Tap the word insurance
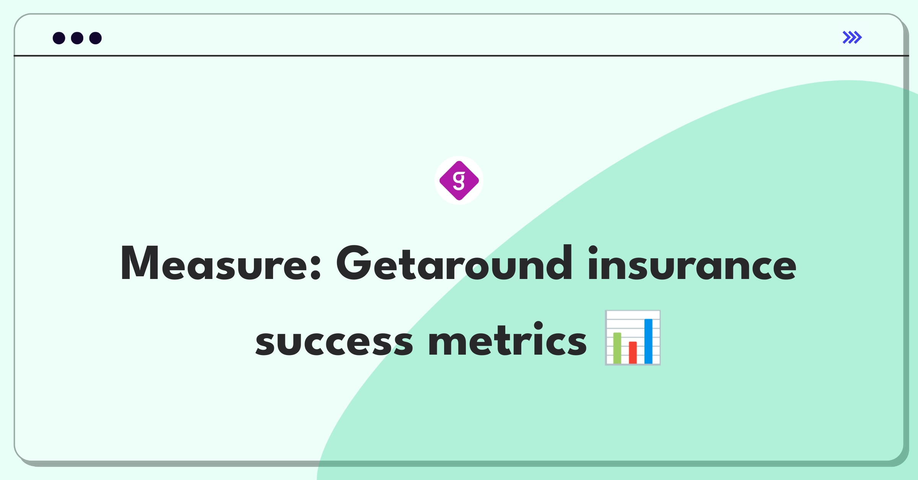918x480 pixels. click(692, 263)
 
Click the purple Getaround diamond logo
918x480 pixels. click(459, 180)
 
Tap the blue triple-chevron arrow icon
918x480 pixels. click(852, 37)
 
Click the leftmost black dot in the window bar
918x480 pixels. click(59, 38)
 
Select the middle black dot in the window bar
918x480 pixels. click(77, 38)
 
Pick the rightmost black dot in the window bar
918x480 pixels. click(96, 38)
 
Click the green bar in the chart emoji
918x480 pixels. click(617, 348)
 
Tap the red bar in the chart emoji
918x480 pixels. click(633, 352)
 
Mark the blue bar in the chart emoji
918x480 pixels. click(648, 341)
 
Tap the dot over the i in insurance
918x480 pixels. click(593, 250)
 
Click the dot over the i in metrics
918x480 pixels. click(539, 325)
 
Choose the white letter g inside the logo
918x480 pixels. click(459, 180)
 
